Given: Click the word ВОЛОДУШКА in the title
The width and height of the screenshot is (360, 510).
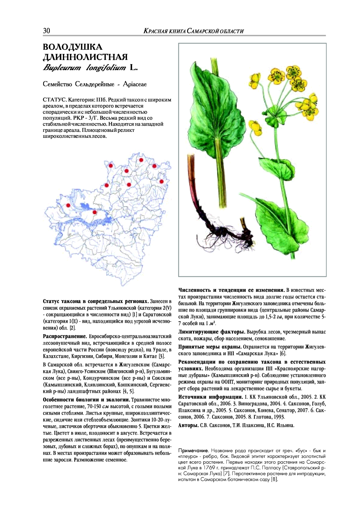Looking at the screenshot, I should tap(72, 48).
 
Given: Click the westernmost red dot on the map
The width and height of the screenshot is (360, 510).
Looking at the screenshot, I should tap(68, 205).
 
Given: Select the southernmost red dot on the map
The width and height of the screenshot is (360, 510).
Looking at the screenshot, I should tap(95, 212).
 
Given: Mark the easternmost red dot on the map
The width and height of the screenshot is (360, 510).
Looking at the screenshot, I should tap(161, 181).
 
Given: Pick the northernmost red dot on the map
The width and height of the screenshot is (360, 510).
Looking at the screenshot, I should tap(141, 160).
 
